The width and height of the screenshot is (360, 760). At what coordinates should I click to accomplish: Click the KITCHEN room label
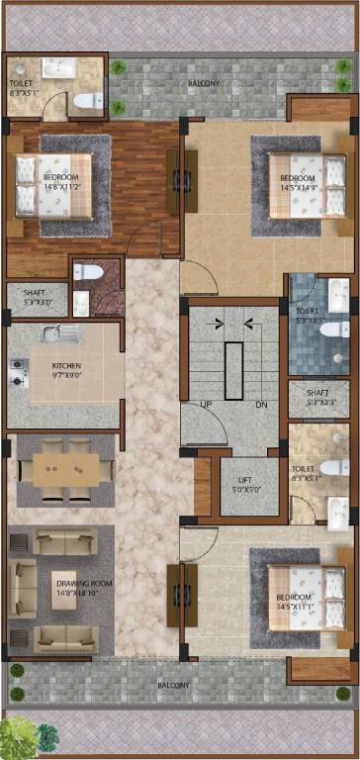click(x=66, y=364)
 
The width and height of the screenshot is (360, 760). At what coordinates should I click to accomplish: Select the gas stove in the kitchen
click(x=16, y=372)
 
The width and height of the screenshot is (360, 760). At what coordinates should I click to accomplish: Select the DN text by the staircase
click(x=261, y=404)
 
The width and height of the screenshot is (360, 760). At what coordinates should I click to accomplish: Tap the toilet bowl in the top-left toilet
click(x=89, y=99)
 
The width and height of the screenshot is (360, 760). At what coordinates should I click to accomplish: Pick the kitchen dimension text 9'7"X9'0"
click(x=67, y=374)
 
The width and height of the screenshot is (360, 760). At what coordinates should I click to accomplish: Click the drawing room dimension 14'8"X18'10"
click(x=83, y=594)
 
